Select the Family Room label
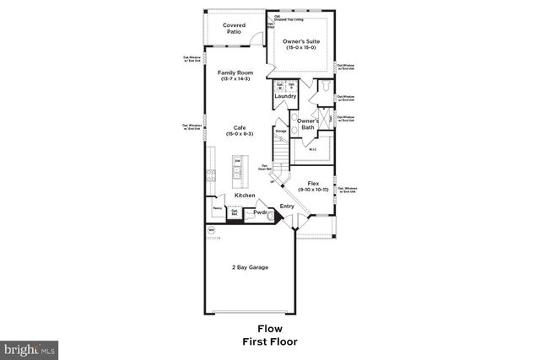(235, 75)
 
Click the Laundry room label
(284, 96)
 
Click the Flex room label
(312, 185)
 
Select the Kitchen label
(245, 196)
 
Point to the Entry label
(287, 205)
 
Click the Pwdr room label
(260, 213)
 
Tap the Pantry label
(217, 207)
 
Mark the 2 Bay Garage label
(250, 267)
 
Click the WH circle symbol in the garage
(212, 229)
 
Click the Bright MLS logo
(30, 347)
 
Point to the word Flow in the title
(269, 329)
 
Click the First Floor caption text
(269, 342)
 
